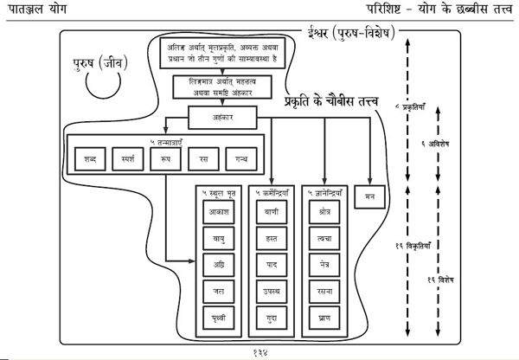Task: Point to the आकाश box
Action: (218, 209)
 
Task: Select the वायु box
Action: (218, 235)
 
